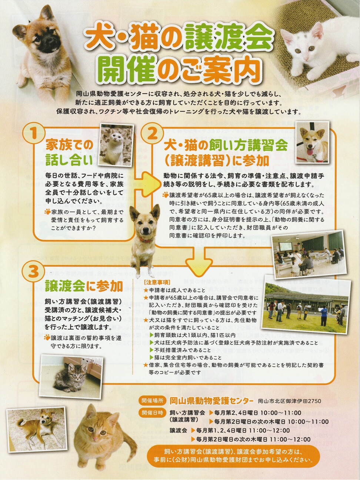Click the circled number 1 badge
[33, 133]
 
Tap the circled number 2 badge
[152, 133]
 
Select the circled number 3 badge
[33, 272]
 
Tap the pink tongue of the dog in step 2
[310, 151]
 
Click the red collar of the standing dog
[146, 240]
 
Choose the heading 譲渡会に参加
[84, 286]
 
